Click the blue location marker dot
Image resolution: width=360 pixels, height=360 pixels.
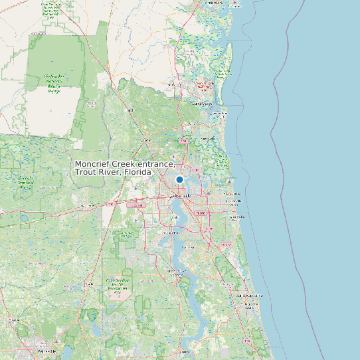(179, 179)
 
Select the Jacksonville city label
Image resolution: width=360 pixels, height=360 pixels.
(180, 196)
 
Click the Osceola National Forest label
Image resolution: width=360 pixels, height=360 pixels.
(26, 183)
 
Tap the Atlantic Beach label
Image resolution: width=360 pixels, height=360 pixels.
(233, 188)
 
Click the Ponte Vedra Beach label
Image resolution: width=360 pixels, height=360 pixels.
(236, 217)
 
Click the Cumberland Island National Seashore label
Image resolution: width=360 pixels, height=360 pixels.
(205, 86)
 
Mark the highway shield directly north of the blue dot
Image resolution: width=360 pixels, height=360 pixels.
(184, 141)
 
